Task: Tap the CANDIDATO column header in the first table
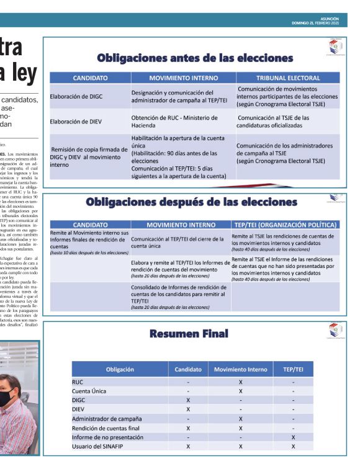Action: click(90, 79)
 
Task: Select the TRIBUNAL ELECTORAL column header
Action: click(287, 79)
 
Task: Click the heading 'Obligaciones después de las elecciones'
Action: click(193, 202)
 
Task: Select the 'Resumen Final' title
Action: click(189, 334)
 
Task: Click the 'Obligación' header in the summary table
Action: click(119, 369)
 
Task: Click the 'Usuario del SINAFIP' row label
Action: click(97, 446)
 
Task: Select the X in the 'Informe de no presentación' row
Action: click(292, 437)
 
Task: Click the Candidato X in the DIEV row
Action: click(188, 409)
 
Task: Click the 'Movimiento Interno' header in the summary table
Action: click(240, 369)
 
